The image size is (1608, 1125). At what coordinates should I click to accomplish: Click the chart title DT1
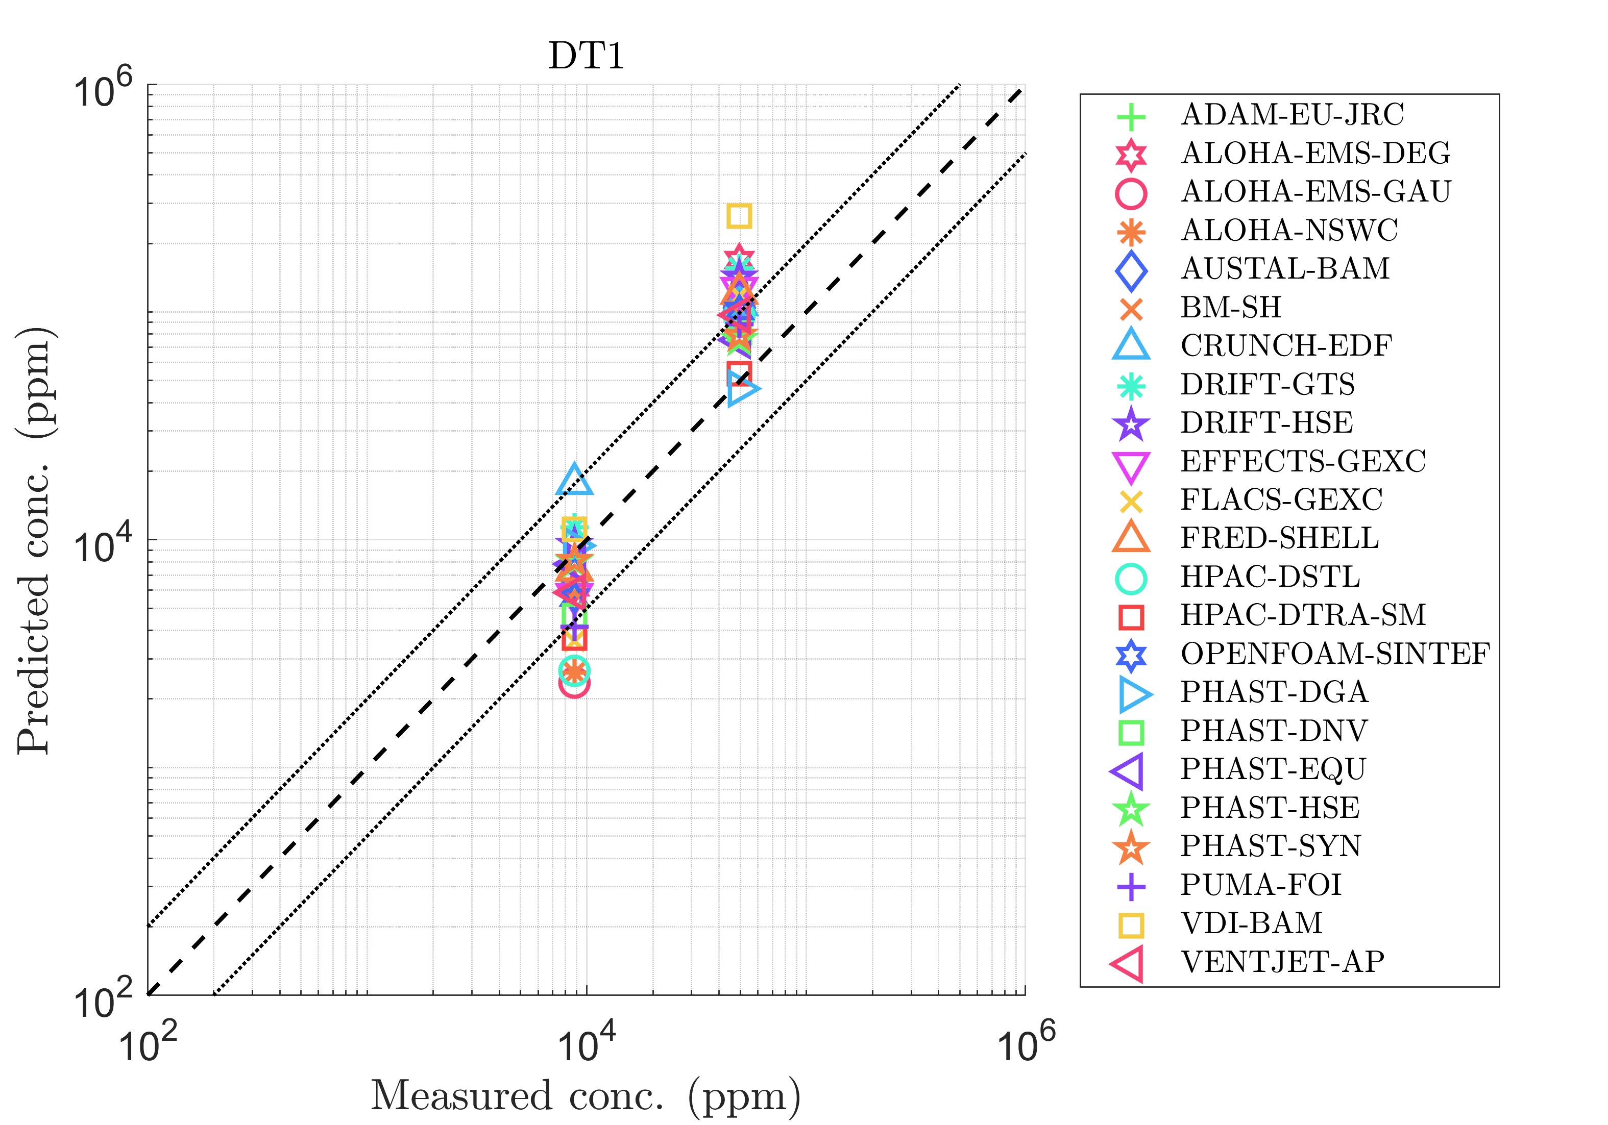(586, 56)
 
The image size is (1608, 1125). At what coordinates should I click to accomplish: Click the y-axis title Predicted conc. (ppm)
(35, 540)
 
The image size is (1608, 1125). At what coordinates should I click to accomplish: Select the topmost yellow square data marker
(739, 216)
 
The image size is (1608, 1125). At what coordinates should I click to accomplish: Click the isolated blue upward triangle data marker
(574, 480)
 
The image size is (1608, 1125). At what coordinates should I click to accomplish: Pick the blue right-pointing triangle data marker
(741, 388)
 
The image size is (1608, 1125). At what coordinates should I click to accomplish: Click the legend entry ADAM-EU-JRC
(1292, 115)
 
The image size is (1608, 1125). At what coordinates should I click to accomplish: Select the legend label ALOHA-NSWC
(1288, 230)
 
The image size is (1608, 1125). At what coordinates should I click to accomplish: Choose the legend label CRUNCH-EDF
(1286, 346)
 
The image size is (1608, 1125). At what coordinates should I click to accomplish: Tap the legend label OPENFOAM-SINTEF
(1335, 654)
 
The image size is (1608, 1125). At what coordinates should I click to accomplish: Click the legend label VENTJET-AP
(1282, 962)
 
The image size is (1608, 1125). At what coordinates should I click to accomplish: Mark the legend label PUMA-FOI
(1261, 885)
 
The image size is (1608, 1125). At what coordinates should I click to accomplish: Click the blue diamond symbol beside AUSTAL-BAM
(1131, 269)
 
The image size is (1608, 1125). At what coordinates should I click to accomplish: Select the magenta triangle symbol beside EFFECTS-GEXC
(1131, 464)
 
